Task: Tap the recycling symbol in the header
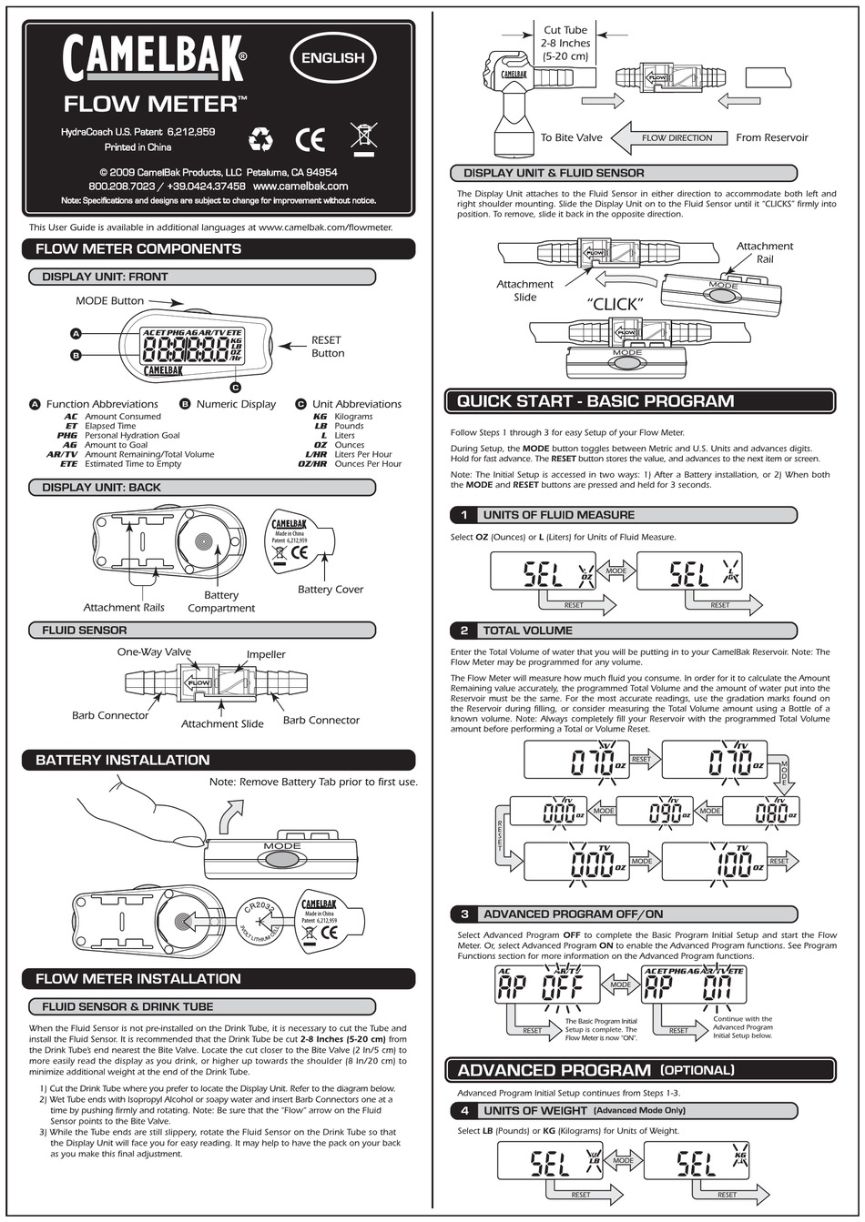tap(261, 139)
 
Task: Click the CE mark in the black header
tap(310, 139)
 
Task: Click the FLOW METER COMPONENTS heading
tap(138, 248)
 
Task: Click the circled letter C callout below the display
tap(235, 387)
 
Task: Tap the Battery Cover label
tap(330, 590)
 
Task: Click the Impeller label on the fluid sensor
tap(266, 654)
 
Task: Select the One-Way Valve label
tap(154, 651)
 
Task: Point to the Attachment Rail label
tap(764, 252)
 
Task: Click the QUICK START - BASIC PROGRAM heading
tap(595, 401)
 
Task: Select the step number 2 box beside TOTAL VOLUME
tap(463, 631)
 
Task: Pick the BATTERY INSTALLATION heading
tap(123, 760)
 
